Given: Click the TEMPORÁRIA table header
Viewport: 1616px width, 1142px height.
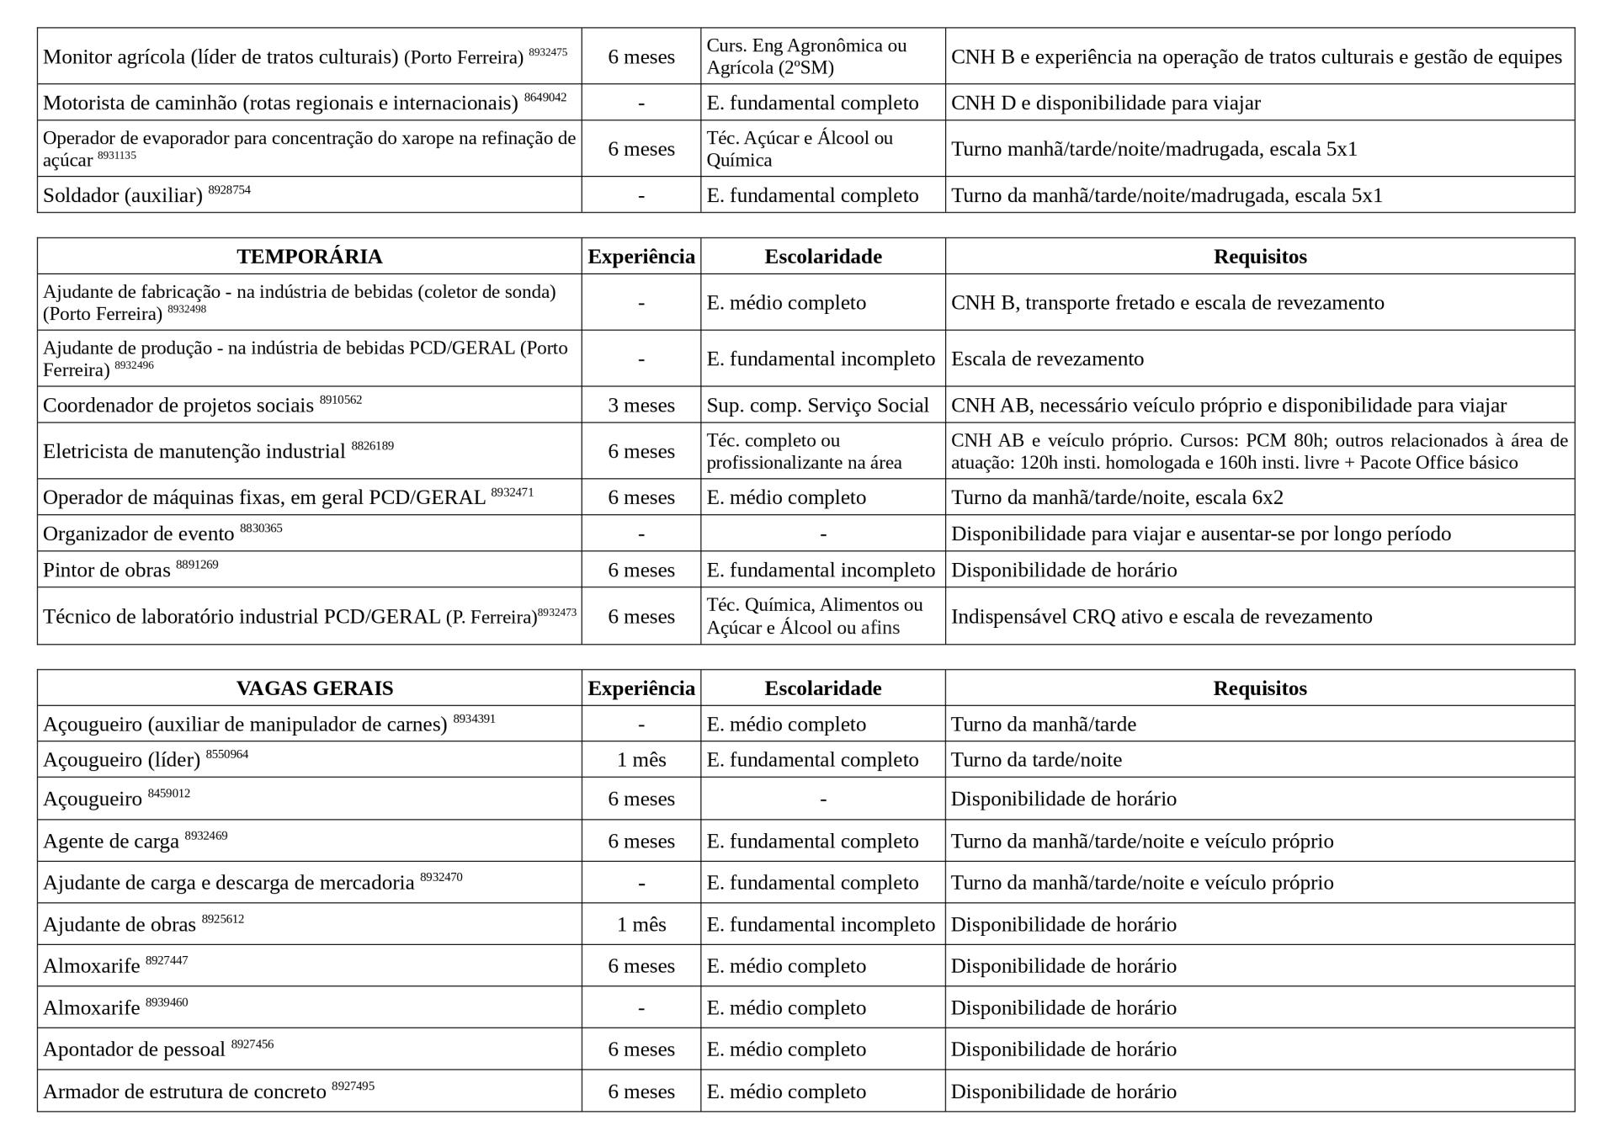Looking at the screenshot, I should point(309,257).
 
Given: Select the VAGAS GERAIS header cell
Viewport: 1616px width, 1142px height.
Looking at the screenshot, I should point(315,688).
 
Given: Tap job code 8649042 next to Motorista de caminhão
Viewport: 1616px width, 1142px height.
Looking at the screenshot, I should point(545,98).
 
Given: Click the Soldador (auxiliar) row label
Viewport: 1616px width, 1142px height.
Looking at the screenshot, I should point(123,196).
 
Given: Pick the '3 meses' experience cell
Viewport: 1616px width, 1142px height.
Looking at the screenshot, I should point(641,406).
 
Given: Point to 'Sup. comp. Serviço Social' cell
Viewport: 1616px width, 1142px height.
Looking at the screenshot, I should point(817,406).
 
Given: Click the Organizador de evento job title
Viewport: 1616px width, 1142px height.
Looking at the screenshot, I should point(139,534).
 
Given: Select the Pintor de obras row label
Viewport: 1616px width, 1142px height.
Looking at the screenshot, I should point(107,571).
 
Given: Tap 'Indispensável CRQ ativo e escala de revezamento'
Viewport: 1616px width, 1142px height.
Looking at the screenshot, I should point(1161,617).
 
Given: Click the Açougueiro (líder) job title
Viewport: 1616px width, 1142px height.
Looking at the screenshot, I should point(122,761).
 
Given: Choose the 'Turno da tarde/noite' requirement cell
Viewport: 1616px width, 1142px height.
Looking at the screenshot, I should point(1036,761).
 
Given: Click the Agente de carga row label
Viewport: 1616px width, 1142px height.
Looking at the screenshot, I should point(111,842).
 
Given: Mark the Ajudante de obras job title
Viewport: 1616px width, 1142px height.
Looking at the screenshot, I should point(120,925).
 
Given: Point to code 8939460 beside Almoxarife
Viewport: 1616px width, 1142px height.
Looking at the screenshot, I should point(167,1003).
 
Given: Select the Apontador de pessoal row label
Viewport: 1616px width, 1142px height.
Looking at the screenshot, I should point(134,1050).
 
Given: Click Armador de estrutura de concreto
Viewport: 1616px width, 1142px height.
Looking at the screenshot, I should point(184,1092).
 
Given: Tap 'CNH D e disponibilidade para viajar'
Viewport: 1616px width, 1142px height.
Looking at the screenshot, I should point(1105,104).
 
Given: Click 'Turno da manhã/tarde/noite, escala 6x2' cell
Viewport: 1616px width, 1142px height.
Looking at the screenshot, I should point(1117,498).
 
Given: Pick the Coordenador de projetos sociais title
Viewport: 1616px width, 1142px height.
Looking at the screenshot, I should point(178,406).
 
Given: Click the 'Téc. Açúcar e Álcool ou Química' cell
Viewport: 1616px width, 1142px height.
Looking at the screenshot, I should point(800,149).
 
